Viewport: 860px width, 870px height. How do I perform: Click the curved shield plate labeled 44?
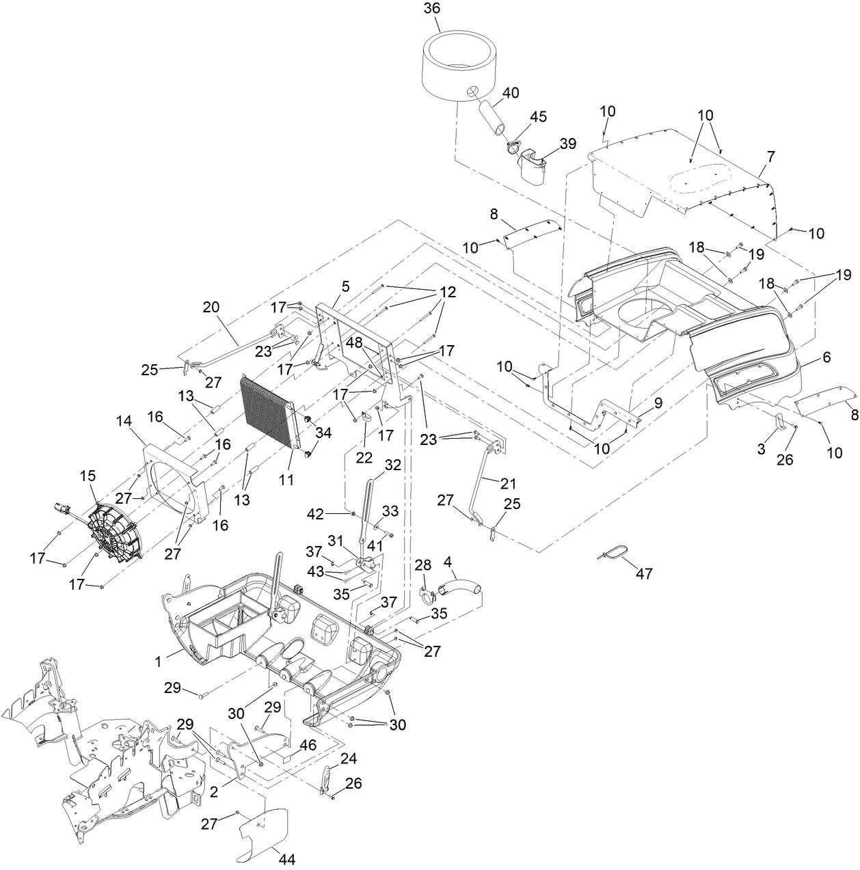tap(263, 834)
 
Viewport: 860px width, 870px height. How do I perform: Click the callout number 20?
tap(211, 307)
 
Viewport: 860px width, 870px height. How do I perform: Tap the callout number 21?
tap(507, 483)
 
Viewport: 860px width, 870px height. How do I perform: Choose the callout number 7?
tap(770, 157)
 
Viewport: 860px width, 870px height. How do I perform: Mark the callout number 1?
tap(158, 661)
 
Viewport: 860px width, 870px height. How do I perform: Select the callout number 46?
tap(308, 745)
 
